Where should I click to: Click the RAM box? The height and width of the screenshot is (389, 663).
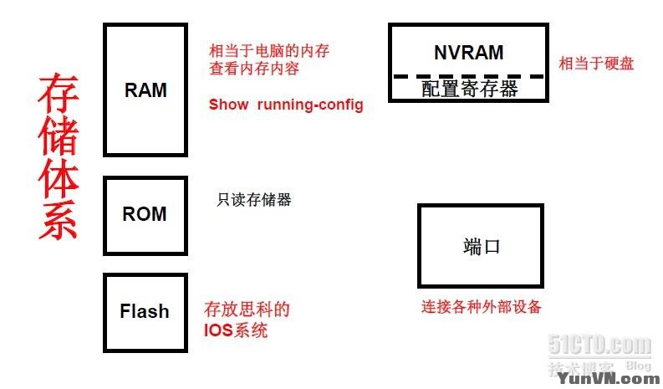145,90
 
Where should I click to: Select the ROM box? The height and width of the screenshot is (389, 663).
145,214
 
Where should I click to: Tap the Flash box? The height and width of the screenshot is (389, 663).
145,311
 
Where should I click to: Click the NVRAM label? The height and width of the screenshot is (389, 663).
468,52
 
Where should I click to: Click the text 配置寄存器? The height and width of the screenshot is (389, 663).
469,89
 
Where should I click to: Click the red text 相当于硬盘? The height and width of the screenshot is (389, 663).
596,64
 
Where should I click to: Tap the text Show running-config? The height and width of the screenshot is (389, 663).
286,105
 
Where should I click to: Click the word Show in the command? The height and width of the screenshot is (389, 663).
228,105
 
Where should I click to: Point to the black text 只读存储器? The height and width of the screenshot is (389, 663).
254,200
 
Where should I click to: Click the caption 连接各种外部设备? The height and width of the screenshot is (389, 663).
481,307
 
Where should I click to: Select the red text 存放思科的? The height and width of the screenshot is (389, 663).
247,310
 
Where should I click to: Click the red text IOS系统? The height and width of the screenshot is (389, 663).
236,330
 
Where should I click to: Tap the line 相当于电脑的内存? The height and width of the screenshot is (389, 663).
268,51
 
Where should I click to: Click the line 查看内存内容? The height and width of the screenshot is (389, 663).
254,69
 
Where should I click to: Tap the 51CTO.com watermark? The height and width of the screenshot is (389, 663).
599,345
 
